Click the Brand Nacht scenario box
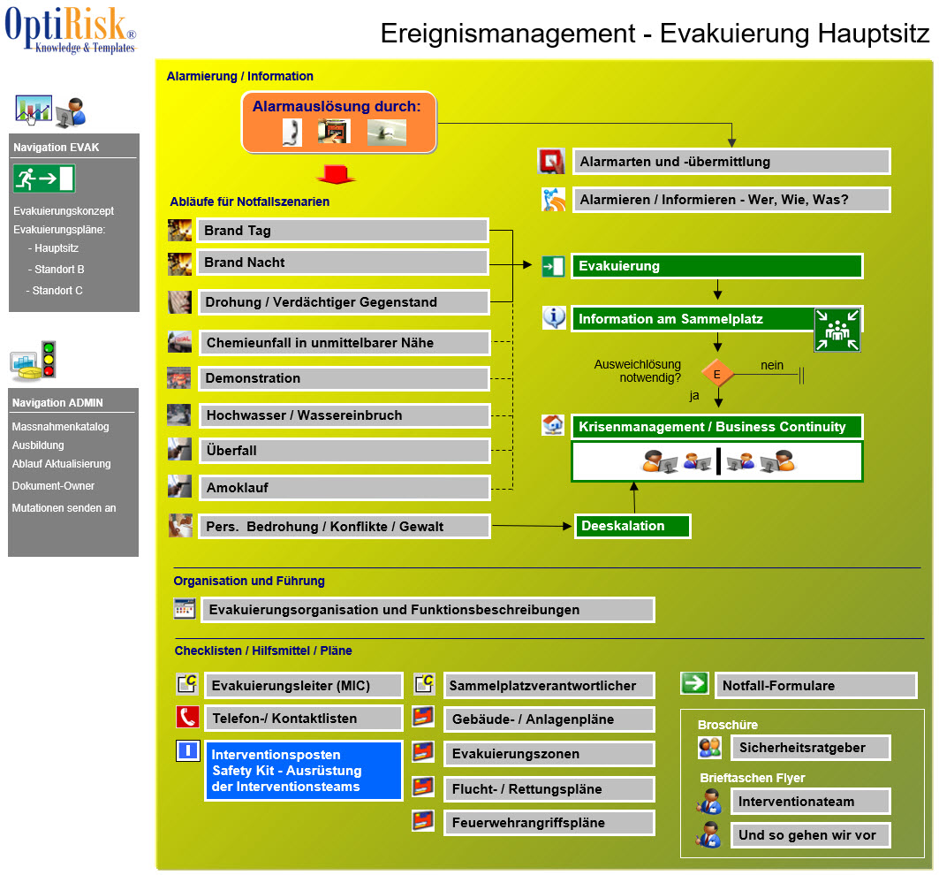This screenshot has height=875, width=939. coord(343,262)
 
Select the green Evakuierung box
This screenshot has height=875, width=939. coord(716,266)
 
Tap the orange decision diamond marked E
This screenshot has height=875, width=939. coord(716,375)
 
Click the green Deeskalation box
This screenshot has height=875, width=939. coord(632,526)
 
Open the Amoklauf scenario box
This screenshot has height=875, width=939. coord(345,488)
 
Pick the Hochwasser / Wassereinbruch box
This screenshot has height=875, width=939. coord(345,415)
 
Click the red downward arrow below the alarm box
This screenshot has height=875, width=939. coord(336,174)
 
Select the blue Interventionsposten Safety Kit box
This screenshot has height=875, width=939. coord(303,771)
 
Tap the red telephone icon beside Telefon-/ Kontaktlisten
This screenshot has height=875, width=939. coord(187,717)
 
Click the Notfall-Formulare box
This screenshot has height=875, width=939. coord(816,686)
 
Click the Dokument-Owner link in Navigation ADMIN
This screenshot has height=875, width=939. coord(53,486)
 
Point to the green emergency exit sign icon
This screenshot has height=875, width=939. coord(44,179)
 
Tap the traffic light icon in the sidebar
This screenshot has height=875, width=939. coord(49,359)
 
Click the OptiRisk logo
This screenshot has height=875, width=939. coord(71,30)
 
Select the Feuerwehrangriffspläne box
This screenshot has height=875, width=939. coord(549,823)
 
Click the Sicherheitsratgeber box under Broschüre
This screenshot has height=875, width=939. coord(811,748)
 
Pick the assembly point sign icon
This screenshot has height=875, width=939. coord(837,330)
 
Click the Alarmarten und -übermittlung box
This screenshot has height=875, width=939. coord(731,162)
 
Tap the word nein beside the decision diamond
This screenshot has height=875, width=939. coord(772,365)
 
